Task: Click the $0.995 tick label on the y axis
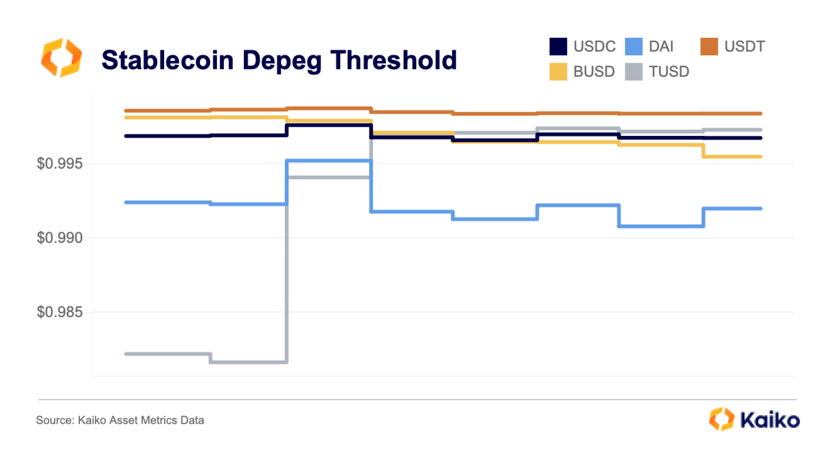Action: [x=60, y=164]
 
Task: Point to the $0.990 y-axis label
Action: [x=60, y=238]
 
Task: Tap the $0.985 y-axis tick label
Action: [x=60, y=312]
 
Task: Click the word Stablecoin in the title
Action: [x=167, y=60]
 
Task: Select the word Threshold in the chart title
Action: [x=394, y=60]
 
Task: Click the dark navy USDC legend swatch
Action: [x=558, y=46]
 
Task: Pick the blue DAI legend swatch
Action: [x=633, y=46]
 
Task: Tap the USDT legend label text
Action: [x=744, y=46]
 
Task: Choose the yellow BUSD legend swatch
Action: [x=558, y=72]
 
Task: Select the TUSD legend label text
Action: [x=669, y=72]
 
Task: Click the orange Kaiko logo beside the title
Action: [x=62, y=58]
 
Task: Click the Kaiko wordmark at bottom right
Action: [x=770, y=420]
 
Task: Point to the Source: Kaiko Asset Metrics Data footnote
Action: [x=120, y=420]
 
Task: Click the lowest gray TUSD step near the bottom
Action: [x=248, y=362]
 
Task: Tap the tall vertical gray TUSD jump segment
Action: [x=287, y=268]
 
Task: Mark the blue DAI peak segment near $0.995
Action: [x=329, y=161]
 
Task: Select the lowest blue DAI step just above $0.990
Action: [x=661, y=226]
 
